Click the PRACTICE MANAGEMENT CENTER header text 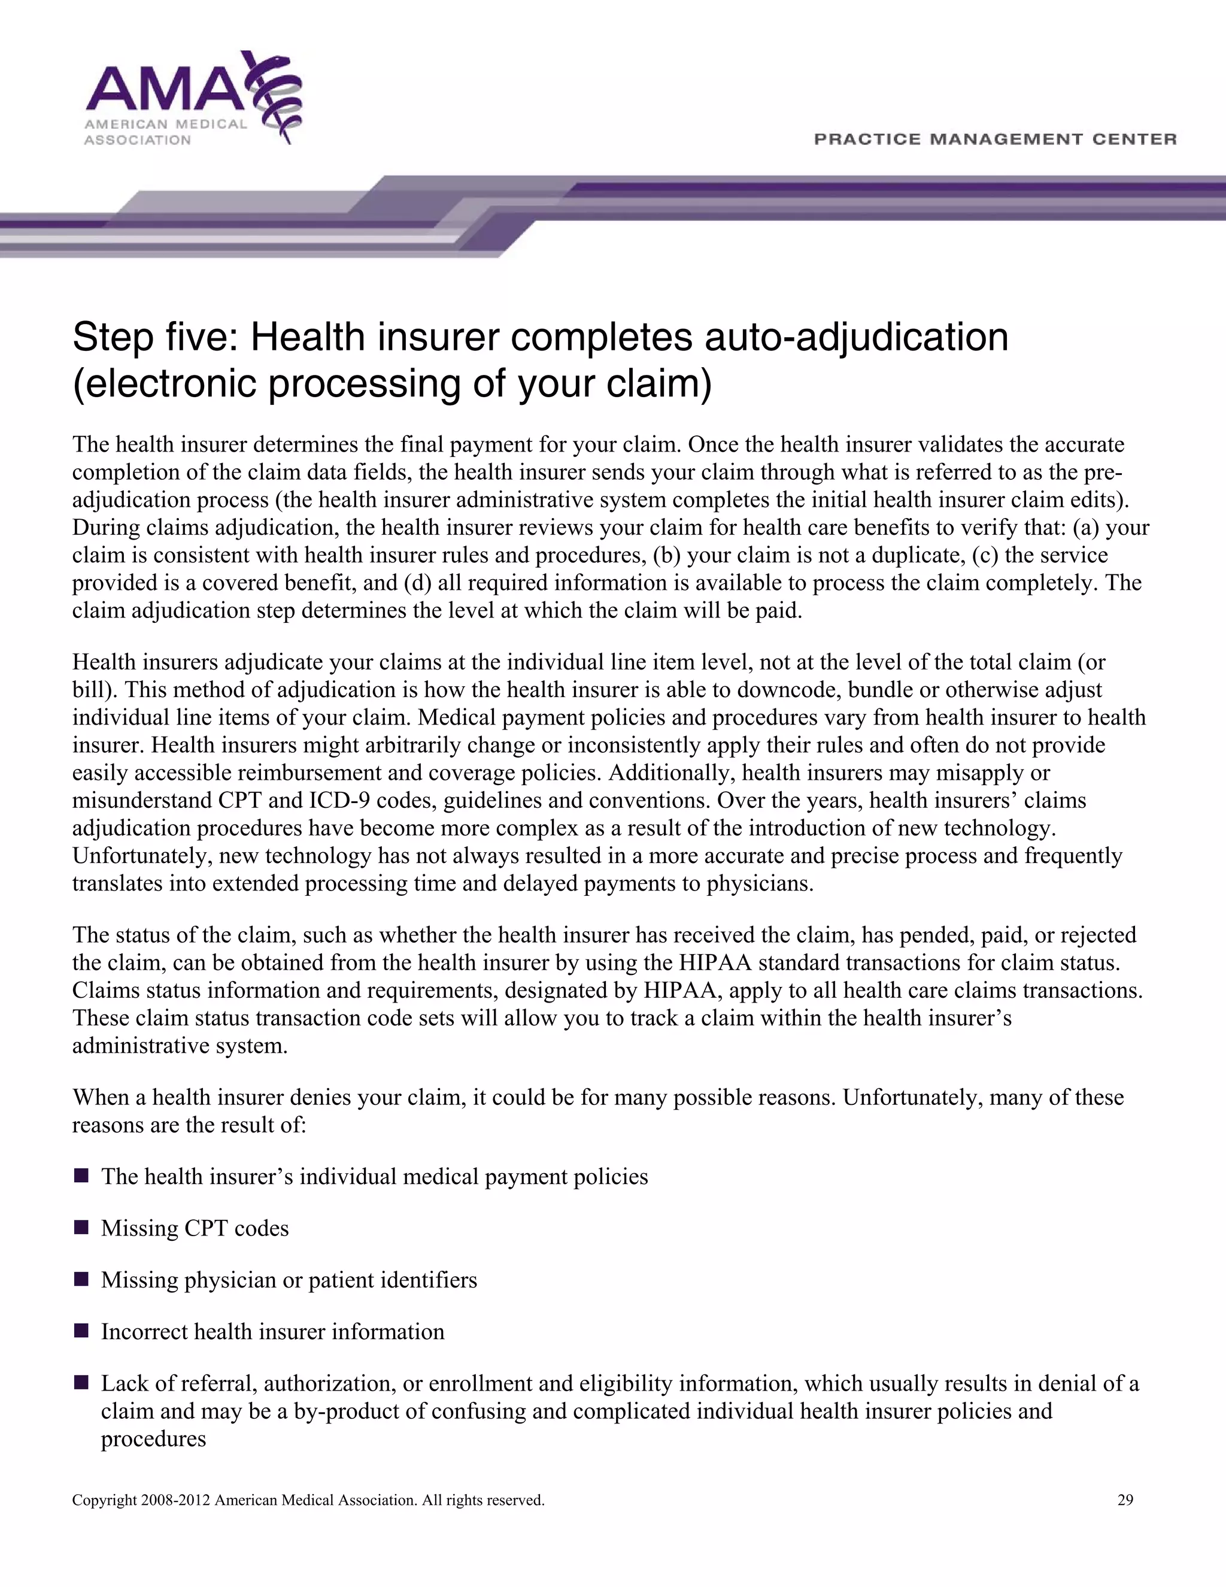click(995, 139)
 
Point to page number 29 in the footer click(1125, 1500)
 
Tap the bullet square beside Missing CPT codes click(81, 1227)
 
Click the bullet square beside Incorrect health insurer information click(81, 1331)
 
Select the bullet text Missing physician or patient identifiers click(289, 1280)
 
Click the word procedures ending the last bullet click(153, 1438)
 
